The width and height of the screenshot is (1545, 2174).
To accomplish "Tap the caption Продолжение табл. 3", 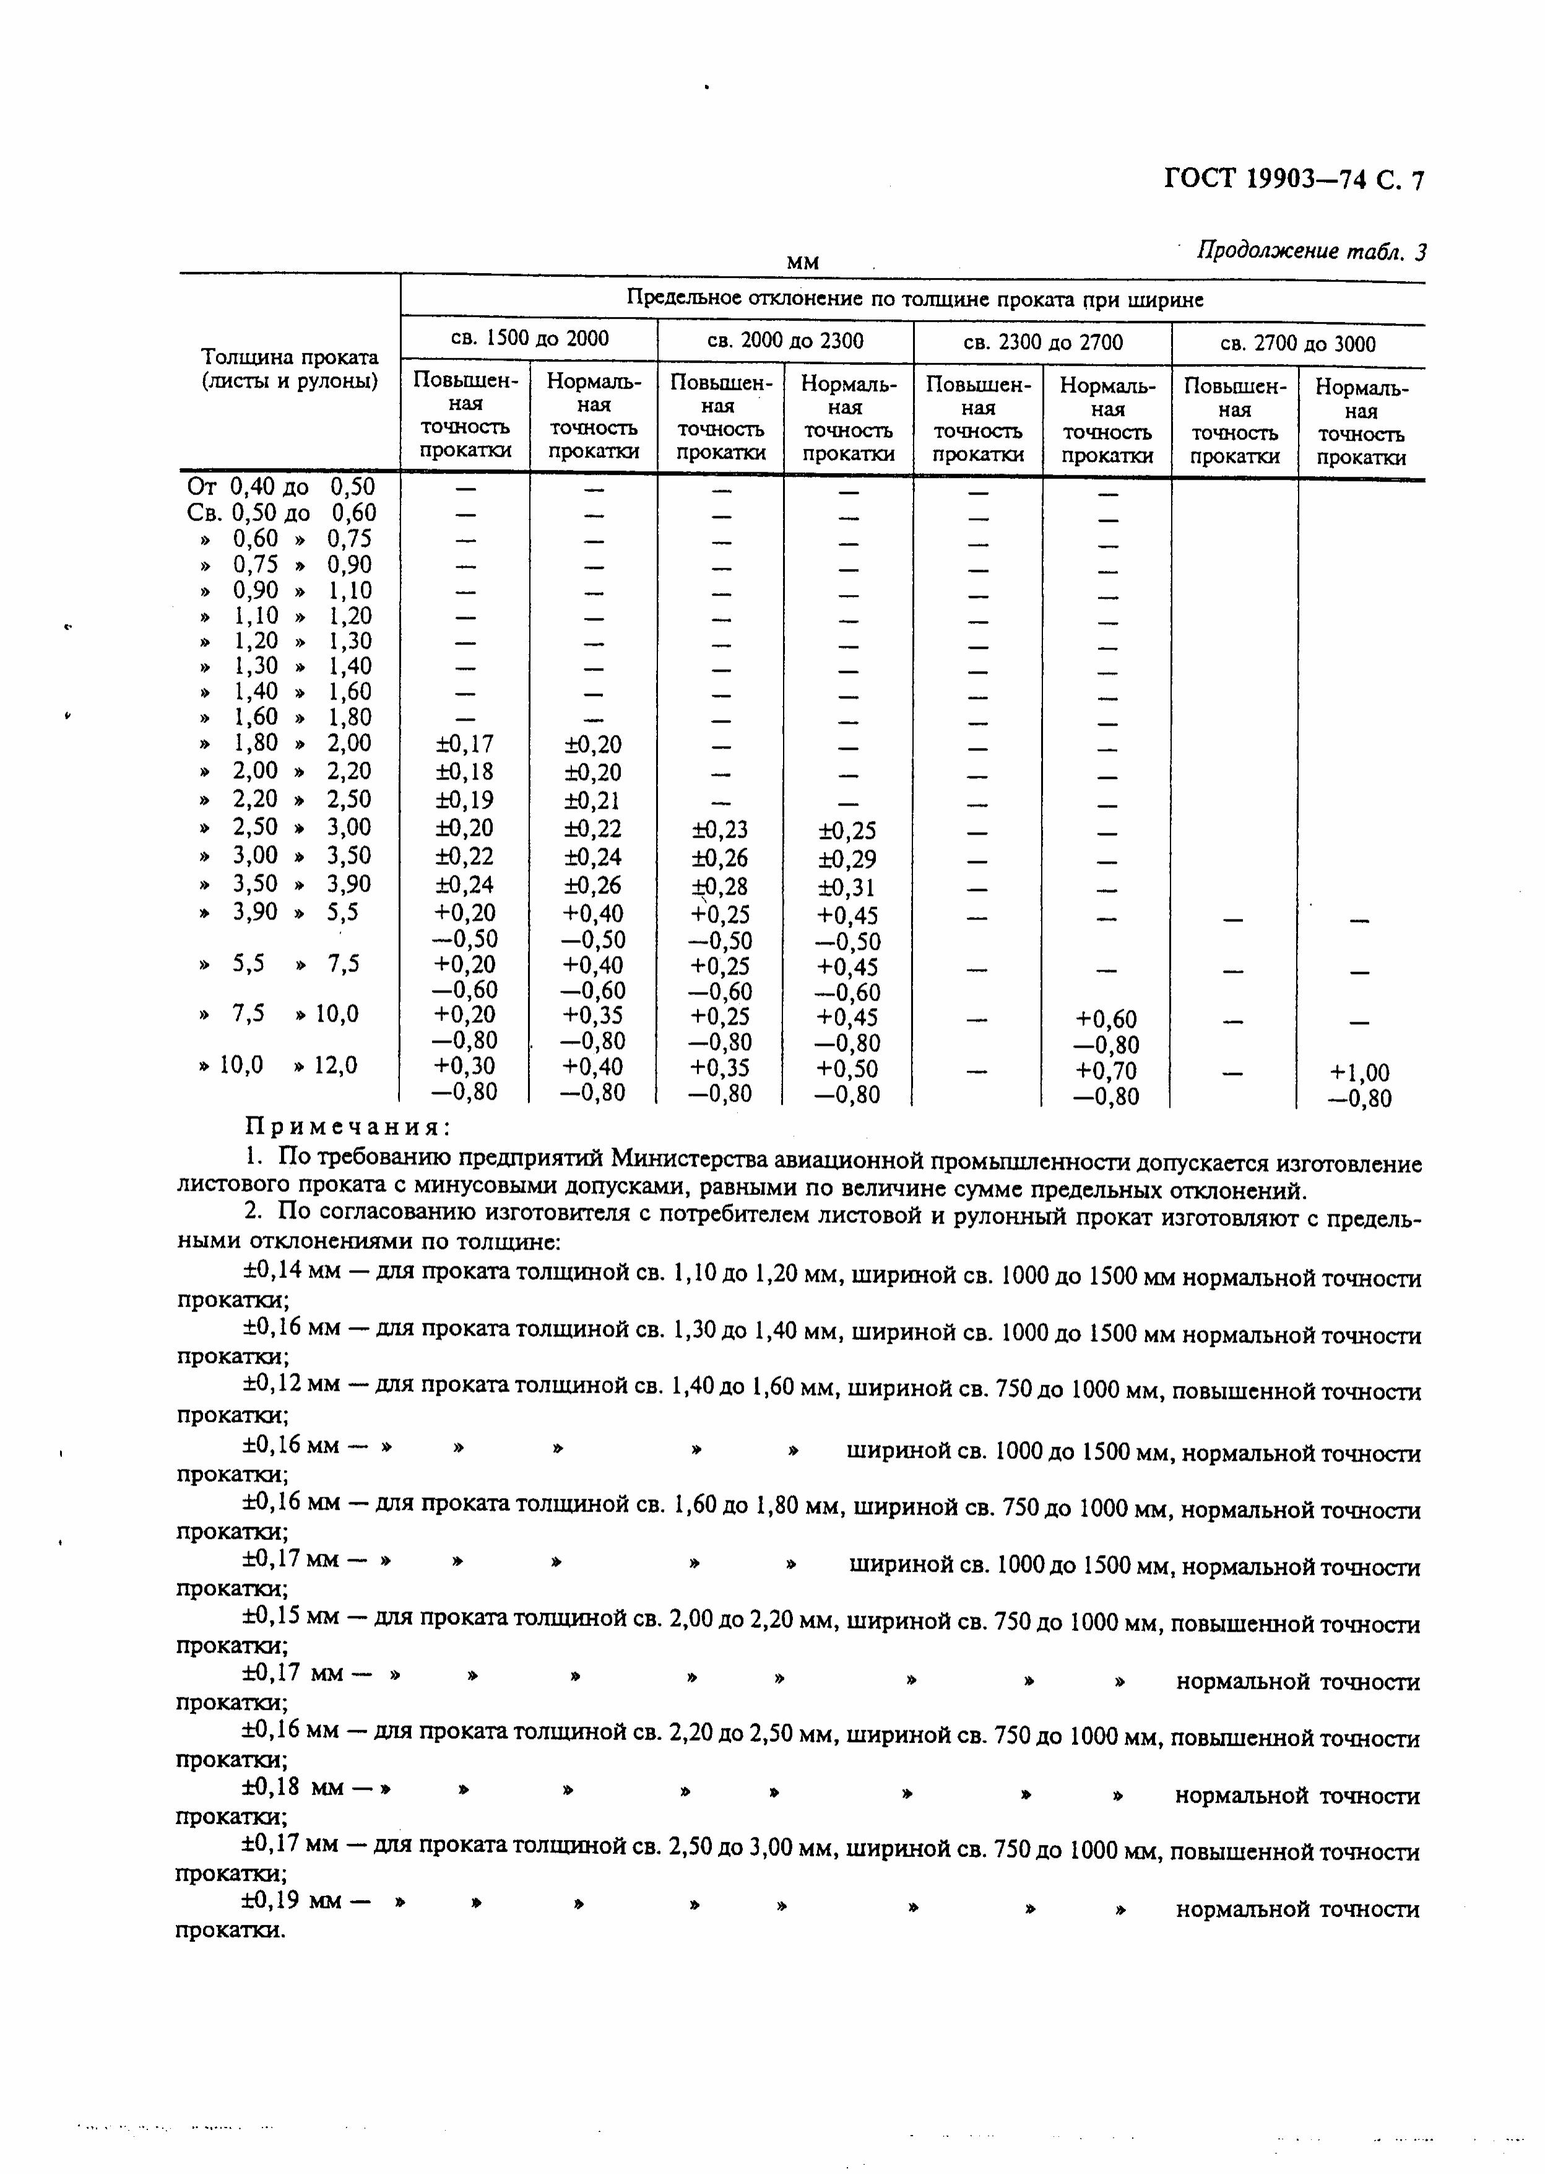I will coord(1311,251).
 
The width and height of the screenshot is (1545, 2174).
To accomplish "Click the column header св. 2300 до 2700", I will coord(1042,342).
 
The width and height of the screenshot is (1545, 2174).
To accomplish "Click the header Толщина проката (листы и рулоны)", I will coord(289,369).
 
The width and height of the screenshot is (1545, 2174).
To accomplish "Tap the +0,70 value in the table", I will coord(1106,1071).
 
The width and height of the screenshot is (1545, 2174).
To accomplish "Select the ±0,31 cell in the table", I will coord(847,888).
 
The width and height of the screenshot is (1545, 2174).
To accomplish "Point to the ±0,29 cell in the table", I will coord(847,859).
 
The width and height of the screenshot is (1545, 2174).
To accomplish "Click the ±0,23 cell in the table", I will coord(720,830).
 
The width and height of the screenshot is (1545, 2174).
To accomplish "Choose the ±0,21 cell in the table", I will coord(593,800).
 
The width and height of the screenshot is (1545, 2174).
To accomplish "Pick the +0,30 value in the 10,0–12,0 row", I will coord(465,1066).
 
